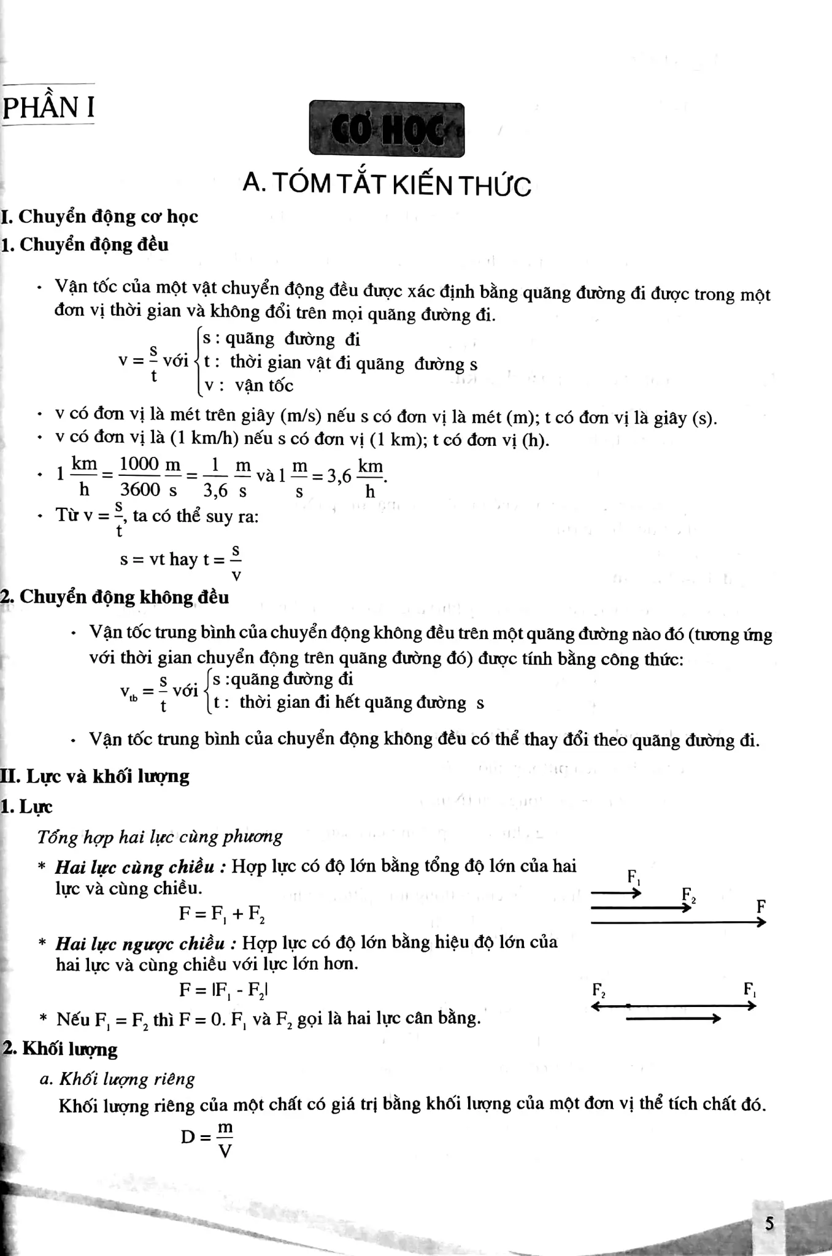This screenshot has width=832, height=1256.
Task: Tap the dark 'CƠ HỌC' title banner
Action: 387,129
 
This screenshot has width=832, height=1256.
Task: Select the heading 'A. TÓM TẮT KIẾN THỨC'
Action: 387,184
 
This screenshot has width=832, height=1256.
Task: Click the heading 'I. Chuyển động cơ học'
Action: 99,216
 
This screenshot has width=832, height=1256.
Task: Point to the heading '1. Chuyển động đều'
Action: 85,245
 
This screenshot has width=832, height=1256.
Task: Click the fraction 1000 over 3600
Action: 140,477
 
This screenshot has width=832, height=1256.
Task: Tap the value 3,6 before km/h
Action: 339,477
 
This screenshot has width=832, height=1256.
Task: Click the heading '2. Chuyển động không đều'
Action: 115,597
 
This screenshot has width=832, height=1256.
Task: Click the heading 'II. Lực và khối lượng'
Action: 95,776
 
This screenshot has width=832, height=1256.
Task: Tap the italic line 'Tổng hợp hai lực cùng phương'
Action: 160,837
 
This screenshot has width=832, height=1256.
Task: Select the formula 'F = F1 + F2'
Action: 221,914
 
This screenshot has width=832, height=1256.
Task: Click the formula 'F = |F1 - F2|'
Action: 223,990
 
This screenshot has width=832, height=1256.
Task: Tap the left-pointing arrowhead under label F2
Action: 595,1006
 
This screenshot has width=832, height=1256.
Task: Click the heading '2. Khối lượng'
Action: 60,1049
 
